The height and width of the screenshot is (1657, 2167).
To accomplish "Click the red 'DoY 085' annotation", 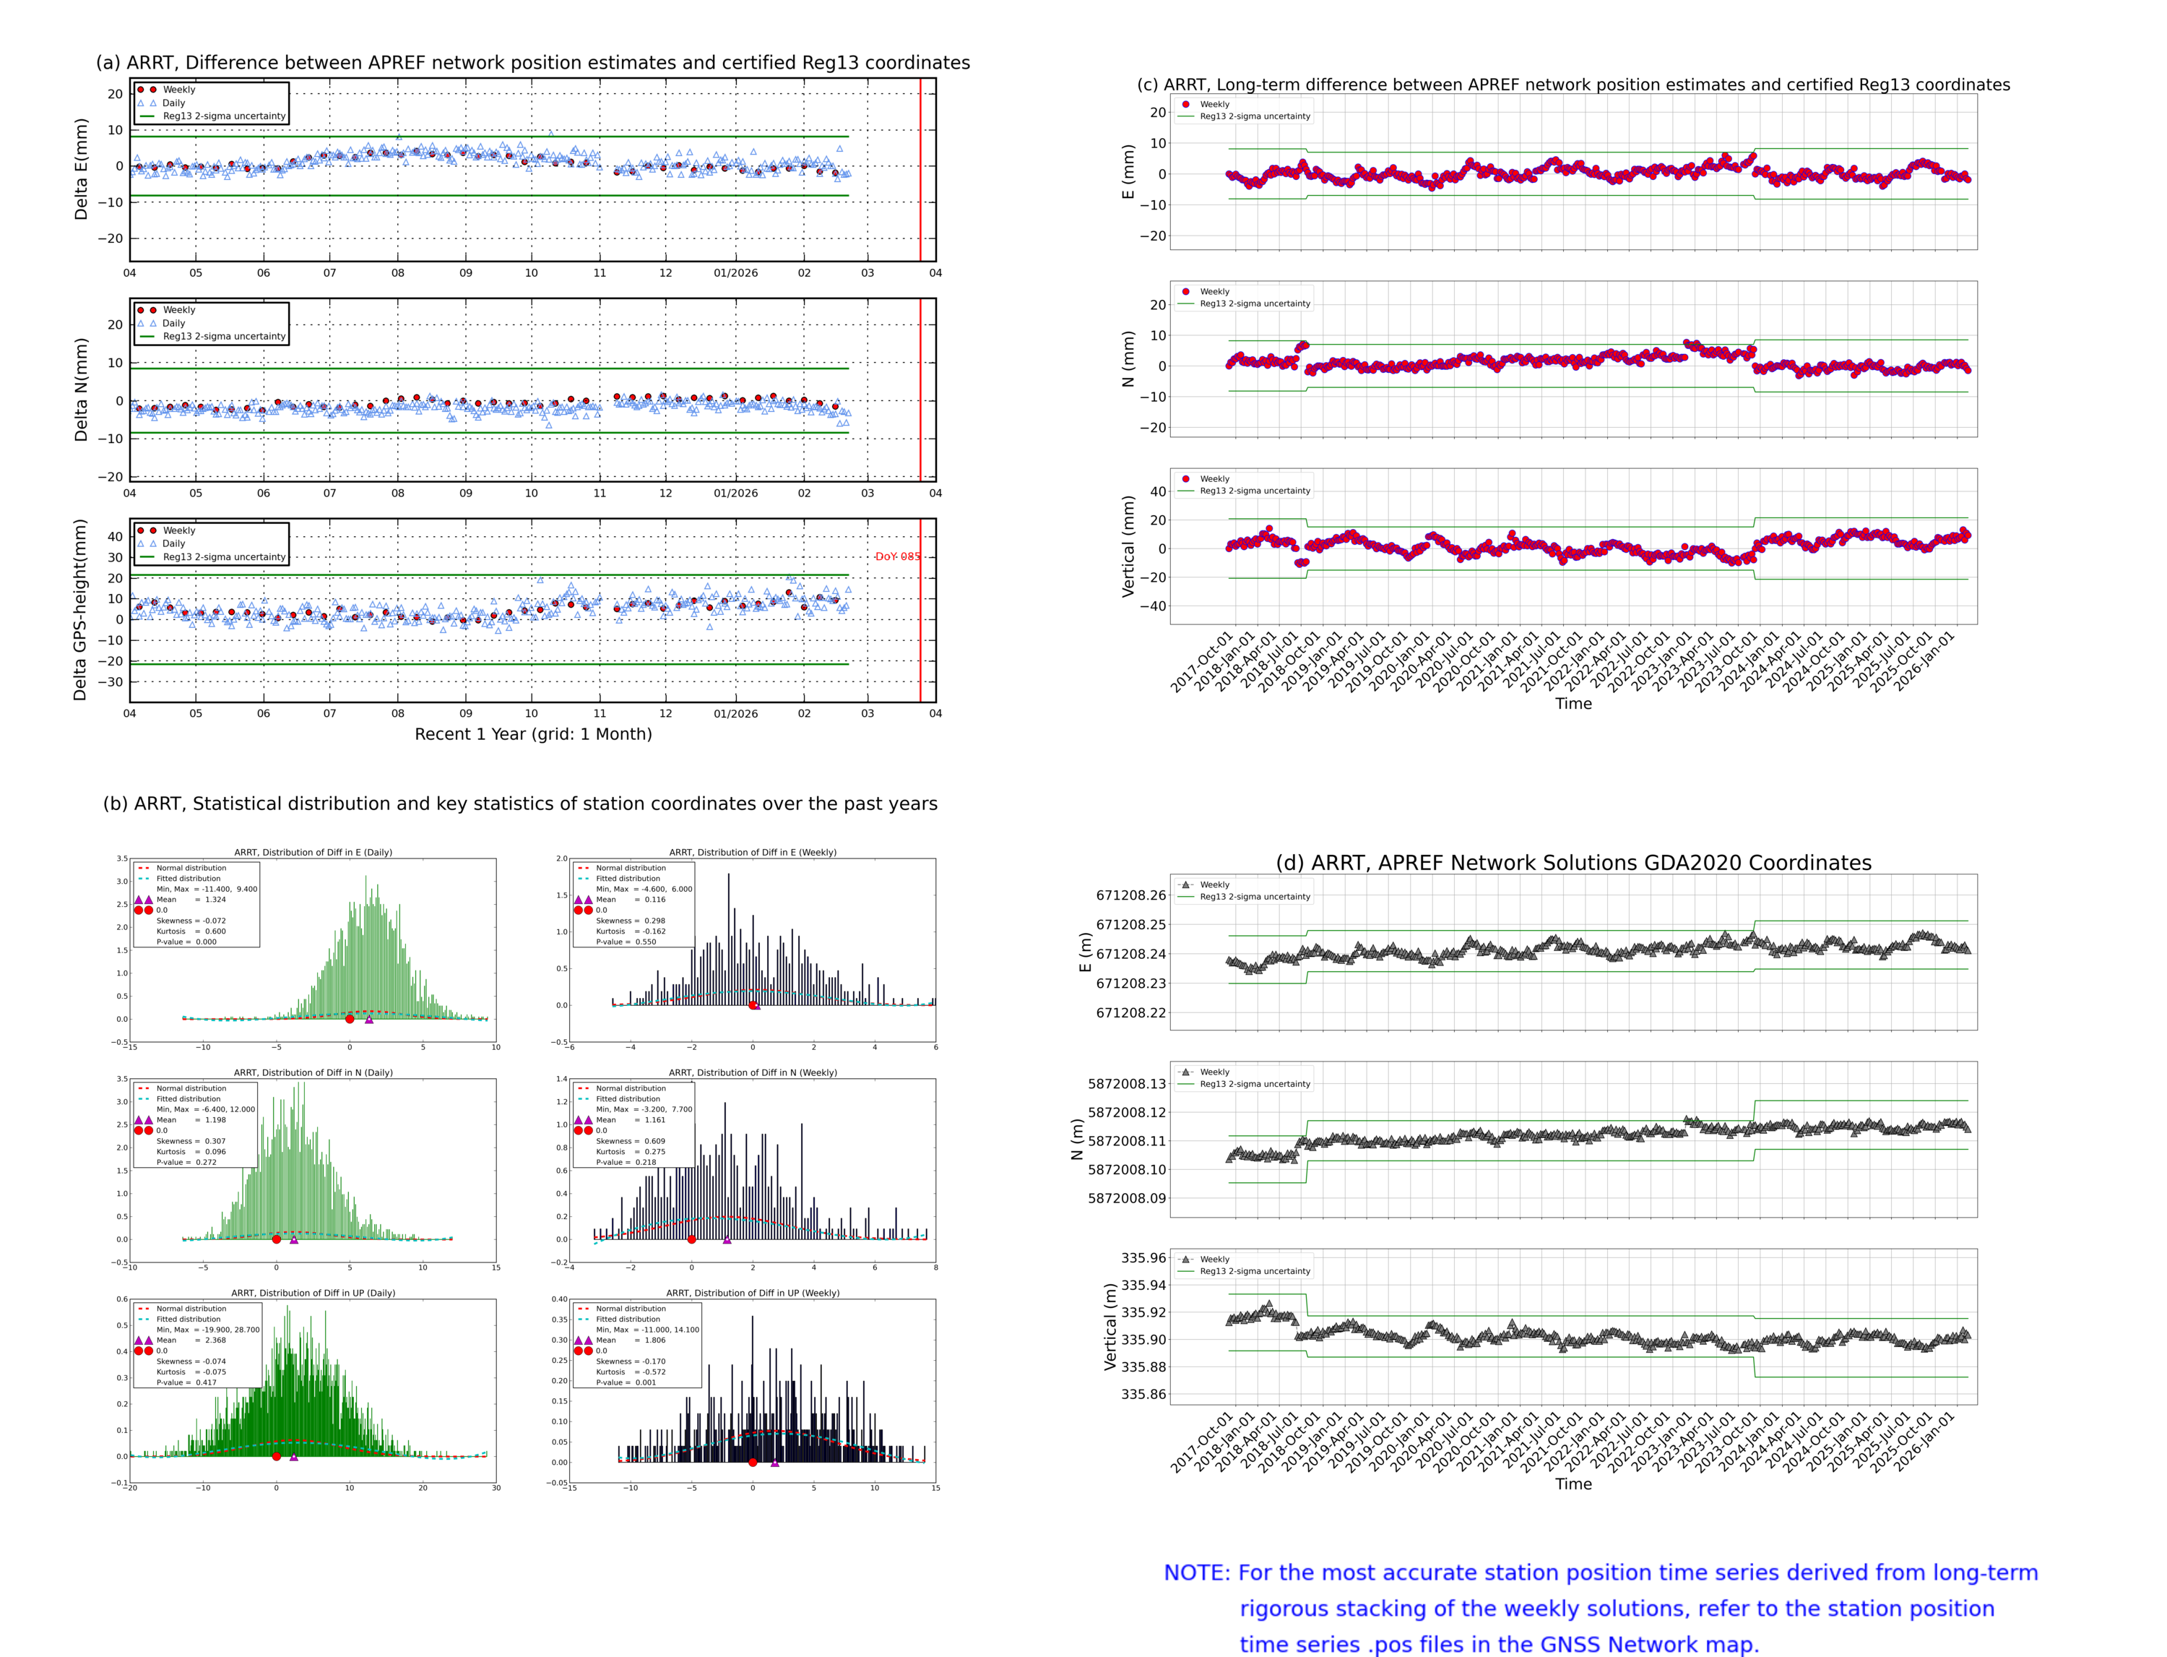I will click(x=896, y=556).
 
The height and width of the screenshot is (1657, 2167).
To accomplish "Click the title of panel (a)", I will click(x=532, y=63).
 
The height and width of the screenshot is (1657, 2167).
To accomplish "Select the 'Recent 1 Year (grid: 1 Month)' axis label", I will click(x=532, y=733).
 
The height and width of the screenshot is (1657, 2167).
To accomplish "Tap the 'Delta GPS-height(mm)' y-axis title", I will click(x=80, y=609).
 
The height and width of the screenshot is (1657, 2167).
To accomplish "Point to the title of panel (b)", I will click(x=519, y=804).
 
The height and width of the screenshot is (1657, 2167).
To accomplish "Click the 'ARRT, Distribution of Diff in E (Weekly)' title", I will click(x=752, y=852).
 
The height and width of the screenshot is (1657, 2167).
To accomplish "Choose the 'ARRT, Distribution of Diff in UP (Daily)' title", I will click(x=313, y=1293).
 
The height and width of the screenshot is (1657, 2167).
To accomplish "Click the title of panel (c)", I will click(x=1573, y=85).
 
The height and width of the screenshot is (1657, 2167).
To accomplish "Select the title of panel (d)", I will click(x=1573, y=863).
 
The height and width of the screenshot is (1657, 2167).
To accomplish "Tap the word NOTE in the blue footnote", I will click(x=1196, y=1573).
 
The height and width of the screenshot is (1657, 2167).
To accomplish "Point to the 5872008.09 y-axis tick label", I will click(x=1126, y=1198).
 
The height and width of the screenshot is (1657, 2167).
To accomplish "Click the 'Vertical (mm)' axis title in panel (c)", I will click(x=1128, y=546).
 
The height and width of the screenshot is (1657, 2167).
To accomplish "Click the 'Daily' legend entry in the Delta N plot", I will click(x=173, y=324).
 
